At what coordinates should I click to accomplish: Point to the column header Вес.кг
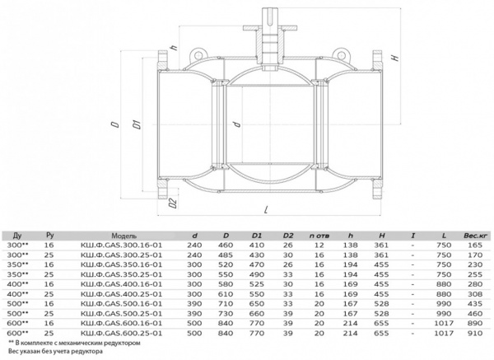point(473,235)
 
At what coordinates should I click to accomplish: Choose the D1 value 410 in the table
point(256,245)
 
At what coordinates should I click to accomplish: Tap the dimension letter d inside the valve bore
point(236,124)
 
